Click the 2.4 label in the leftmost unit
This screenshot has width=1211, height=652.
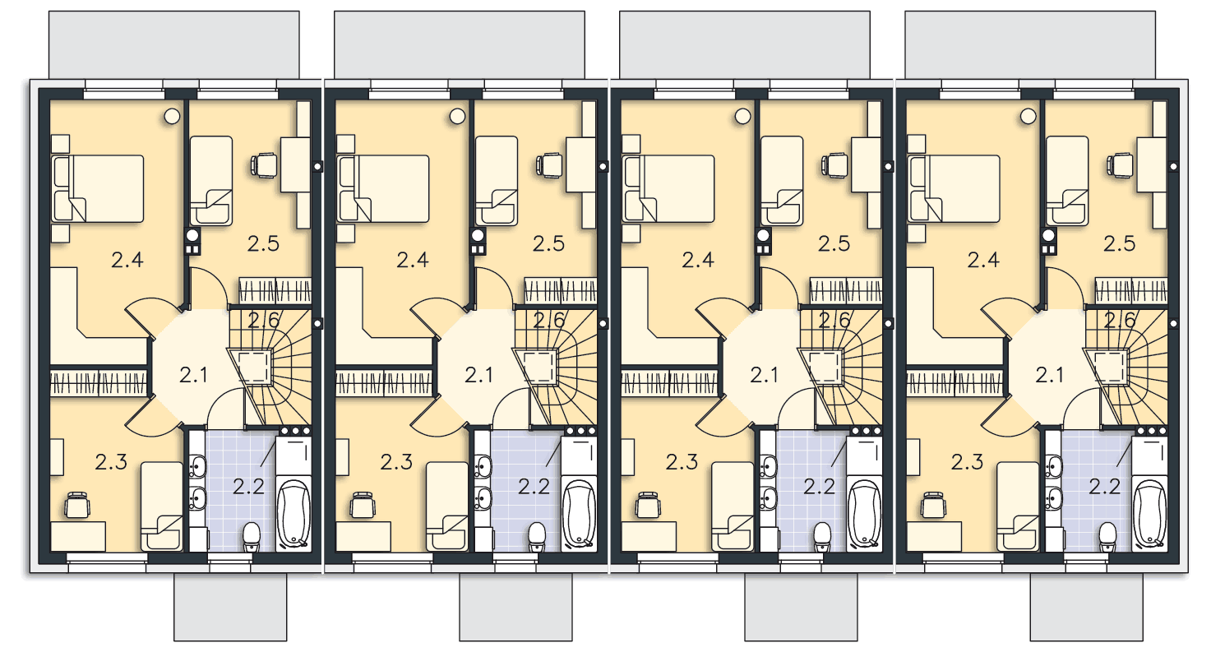127,260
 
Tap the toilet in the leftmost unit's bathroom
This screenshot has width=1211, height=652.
252,537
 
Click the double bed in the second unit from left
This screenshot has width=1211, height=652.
383,188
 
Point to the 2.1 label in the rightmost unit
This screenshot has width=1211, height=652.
1049,375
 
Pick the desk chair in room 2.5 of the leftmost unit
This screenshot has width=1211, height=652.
265,165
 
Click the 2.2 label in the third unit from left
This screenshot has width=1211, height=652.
819,487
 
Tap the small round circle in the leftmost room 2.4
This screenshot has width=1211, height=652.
172,116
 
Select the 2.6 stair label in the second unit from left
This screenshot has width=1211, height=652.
548,321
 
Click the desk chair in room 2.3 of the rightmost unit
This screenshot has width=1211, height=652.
933,505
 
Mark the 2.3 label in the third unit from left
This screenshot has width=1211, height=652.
682,462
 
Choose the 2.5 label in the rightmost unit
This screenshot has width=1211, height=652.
1119,244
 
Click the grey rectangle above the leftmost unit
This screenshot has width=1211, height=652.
174,45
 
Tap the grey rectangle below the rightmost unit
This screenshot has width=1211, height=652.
1087,607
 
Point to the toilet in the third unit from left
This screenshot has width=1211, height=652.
822,537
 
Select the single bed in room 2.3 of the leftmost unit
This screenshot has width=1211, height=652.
162,506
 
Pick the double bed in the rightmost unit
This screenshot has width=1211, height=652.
954,188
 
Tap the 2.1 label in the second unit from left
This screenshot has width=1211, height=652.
478,375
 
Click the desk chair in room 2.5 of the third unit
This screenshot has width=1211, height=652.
835,165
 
